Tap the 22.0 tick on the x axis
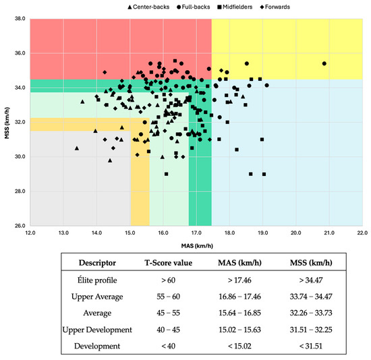[x=362, y=233]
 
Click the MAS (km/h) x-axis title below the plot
[x=196, y=244]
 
